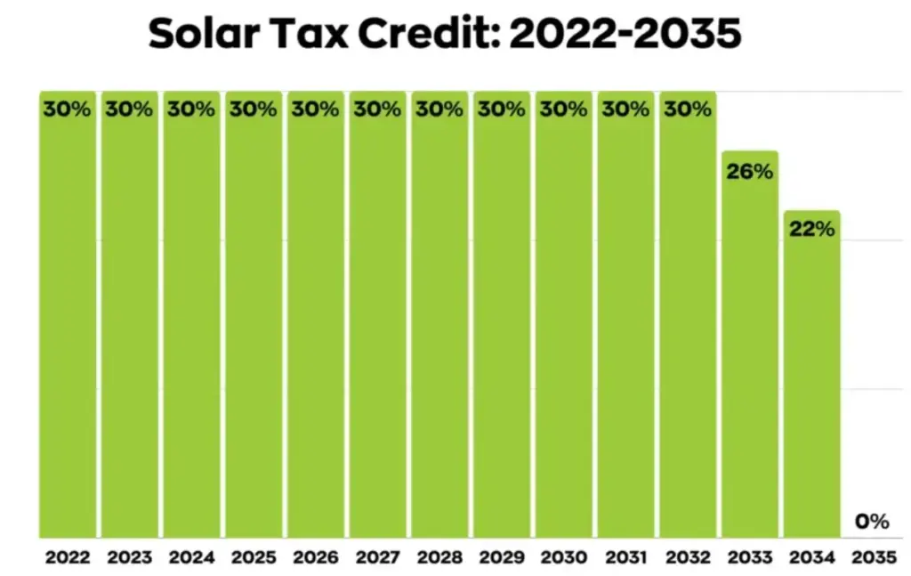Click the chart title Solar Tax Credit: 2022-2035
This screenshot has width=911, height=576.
point(445,35)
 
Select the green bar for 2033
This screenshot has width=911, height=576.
point(749,356)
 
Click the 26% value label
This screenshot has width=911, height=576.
point(749,172)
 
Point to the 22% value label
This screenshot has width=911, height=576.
point(811,230)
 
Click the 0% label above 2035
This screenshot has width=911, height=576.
point(873,523)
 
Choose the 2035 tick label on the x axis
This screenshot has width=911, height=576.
point(873,558)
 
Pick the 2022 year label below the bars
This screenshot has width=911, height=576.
point(67,558)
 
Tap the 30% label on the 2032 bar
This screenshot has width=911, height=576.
point(688,110)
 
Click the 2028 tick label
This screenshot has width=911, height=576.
point(439,558)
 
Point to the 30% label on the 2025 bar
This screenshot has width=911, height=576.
point(254,110)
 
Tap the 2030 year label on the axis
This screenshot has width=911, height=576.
point(563,558)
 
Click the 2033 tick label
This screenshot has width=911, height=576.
point(749,558)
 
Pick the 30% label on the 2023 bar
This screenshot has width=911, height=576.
point(129,110)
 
